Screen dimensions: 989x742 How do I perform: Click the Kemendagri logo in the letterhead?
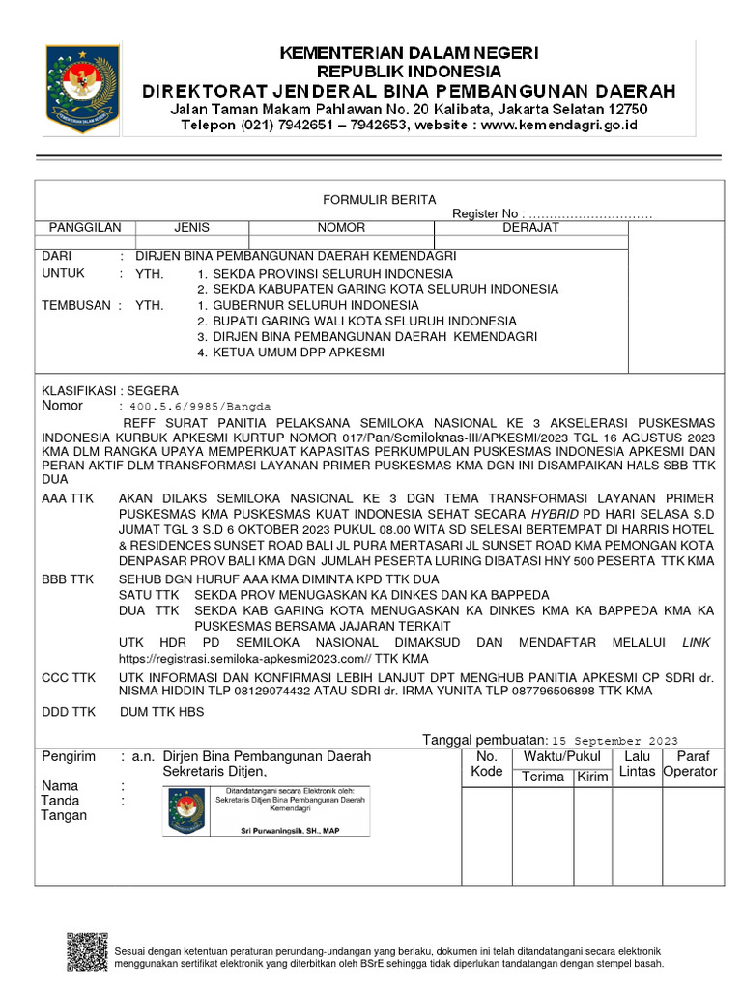82,88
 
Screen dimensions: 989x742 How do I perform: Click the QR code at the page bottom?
87,951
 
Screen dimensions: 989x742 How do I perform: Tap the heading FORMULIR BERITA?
365,199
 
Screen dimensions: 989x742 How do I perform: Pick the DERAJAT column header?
530,228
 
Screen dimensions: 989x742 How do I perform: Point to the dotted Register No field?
590,213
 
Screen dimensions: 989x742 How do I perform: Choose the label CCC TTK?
68,677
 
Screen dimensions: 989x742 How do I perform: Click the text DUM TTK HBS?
161,712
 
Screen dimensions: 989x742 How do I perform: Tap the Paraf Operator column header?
690,763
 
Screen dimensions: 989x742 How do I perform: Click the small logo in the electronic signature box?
186,809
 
